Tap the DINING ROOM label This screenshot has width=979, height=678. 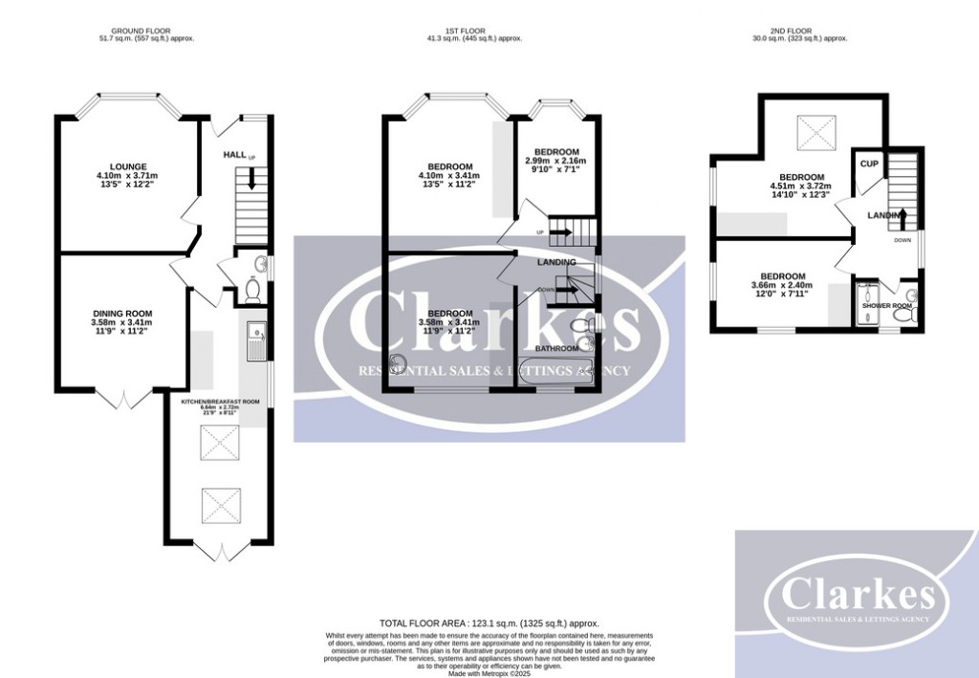122,314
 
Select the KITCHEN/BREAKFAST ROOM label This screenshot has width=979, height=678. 221,402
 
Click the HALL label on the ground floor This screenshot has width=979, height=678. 234,154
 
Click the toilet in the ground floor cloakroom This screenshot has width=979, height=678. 252,289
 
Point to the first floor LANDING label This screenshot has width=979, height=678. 556,262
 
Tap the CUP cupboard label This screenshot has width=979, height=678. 869,164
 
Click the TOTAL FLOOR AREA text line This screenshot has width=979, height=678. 489,623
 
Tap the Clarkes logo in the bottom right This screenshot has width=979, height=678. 857,594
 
